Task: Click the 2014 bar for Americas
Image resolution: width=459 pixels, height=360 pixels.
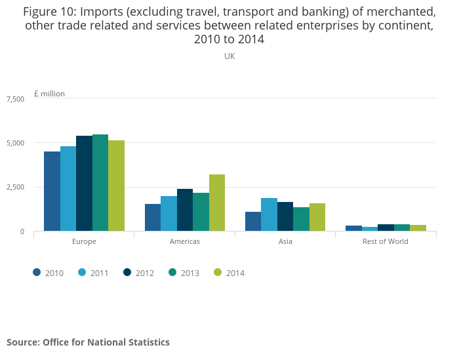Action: click(x=217, y=203)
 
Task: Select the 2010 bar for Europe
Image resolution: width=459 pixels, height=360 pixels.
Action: click(x=52, y=191)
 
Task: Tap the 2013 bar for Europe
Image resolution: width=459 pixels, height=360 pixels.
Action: click(x=100, y=183)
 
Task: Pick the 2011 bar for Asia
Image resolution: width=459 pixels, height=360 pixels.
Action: click(x=269, y=214)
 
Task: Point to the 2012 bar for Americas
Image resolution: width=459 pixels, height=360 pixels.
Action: click(x=185, y=210)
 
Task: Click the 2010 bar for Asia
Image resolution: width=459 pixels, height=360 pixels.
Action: click(x=253, y=221)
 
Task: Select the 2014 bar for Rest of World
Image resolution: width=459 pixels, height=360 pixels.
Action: click(x=418, y=228)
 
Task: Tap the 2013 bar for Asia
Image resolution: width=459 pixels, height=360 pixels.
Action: click(x=301, y=219)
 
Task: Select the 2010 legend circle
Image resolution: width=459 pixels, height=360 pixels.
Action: click(x=37, y=273)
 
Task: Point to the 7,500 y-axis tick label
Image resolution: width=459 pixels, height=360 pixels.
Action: click(x=15, y=99)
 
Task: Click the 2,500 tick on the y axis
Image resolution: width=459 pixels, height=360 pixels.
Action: click(x=15, y=188)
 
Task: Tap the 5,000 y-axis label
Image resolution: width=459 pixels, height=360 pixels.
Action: click(x=15, y=143)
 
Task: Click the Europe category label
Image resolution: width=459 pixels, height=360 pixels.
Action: click(x=84, y=241)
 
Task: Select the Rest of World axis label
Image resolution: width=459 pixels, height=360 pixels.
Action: click(x=386, y=241)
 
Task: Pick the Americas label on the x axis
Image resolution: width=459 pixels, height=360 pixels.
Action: click(x=184, y=241)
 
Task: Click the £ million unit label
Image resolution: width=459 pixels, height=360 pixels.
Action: click(x=49, y=94)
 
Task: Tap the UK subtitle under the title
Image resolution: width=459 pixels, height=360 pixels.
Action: click(x=229, y=56)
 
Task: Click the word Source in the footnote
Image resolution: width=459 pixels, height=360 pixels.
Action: click(x=22, y=342)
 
